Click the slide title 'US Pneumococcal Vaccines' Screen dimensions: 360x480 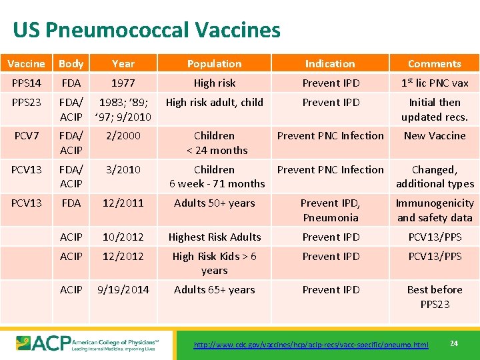[x=147, y=30]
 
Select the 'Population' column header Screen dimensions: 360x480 [x=214, y=64]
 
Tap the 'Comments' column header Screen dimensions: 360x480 [x=434, y=64]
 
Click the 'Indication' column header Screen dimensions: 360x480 [x=330, y=64]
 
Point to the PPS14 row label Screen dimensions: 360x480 [x=26, y=83]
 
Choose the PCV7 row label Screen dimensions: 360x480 [x=26, y=136]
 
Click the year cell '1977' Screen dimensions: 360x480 [x=123, y=83]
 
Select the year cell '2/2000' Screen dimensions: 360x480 [x=123, y=136]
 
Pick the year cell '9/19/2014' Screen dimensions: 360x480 [x=123, y=290]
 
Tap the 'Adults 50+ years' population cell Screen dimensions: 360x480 [x=214, y=203]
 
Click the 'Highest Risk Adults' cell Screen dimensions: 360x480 [x=214, y=237]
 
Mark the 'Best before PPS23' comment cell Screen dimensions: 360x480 [x=434, y=297]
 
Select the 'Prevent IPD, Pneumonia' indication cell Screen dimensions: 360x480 [x=330, y=210]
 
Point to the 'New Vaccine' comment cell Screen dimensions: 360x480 [x=434, y=136]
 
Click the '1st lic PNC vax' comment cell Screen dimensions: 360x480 [x=434, y=83]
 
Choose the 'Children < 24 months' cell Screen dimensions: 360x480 [x=214, y=143]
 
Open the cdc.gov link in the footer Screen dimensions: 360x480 [x=311, y=345]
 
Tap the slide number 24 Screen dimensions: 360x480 [x=453, y=343]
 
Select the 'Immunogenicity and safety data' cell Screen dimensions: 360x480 [x=434, y=210]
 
